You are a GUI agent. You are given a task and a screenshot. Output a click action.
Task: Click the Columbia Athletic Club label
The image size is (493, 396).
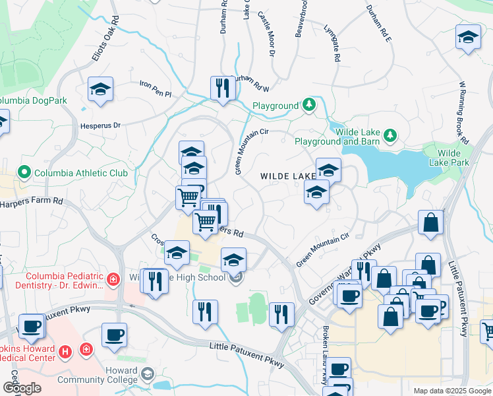82,174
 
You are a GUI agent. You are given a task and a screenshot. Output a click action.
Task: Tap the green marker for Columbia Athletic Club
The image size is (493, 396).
25,174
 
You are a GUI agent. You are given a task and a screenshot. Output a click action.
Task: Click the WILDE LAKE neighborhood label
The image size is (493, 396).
288,176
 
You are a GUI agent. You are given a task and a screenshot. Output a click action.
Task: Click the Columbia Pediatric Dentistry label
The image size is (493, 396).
65,280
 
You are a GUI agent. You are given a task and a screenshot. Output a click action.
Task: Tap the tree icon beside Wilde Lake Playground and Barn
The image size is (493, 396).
391,136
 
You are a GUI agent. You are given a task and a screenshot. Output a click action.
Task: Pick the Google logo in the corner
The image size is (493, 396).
22,388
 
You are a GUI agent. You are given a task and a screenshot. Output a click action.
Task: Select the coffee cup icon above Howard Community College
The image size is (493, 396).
114,335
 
